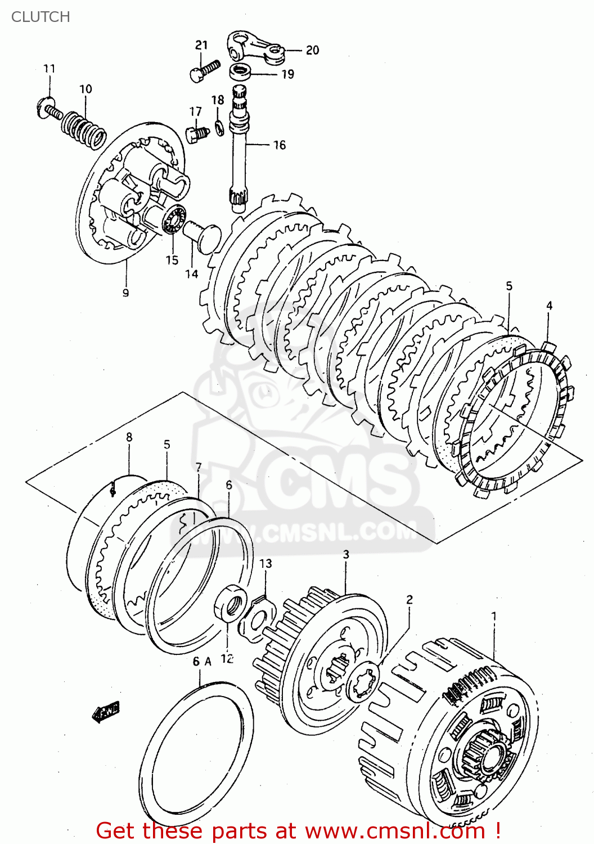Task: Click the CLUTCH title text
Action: click(40, 17)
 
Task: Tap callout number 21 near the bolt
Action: click(201, 45)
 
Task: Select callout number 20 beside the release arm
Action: click(312, 50)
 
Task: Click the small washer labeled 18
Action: click(220, 128)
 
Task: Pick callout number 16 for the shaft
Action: click(279, 145)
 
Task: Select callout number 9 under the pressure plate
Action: click(125, 293)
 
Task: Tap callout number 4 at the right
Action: click(549, 306)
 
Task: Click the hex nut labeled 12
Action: click(230, 603)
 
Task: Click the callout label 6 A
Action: click(201, 662)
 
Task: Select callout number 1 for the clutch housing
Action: click(494, 616)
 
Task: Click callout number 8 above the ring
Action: click(129, 437)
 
